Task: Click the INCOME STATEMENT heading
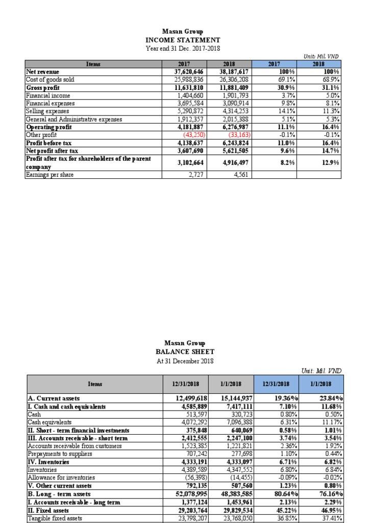[183, 40]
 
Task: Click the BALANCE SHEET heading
[185, 352]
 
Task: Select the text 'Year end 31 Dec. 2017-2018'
[183, 49]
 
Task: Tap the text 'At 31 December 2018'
[185, 361]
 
